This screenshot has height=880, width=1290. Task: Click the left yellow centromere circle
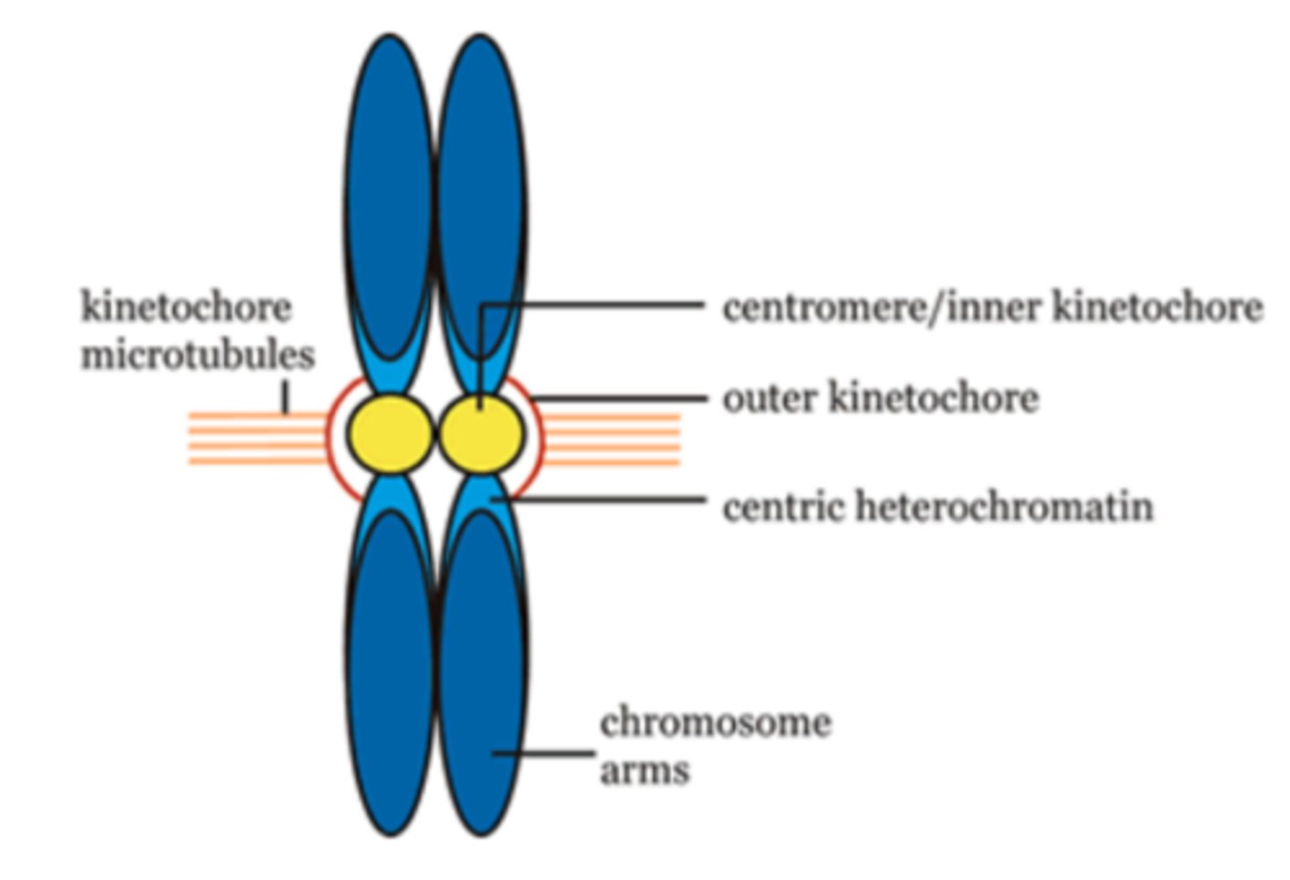tap(390, 434)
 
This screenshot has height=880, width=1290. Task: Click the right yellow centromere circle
tap(481, 434)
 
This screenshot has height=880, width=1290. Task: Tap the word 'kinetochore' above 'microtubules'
tap(186, 307)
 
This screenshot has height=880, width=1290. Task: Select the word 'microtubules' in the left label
tap(198, 355)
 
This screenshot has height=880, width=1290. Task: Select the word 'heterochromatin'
tap(1005, 506)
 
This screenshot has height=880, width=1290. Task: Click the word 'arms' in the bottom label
tap(645, 770)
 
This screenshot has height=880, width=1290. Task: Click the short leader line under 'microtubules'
tap(286, 399)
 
